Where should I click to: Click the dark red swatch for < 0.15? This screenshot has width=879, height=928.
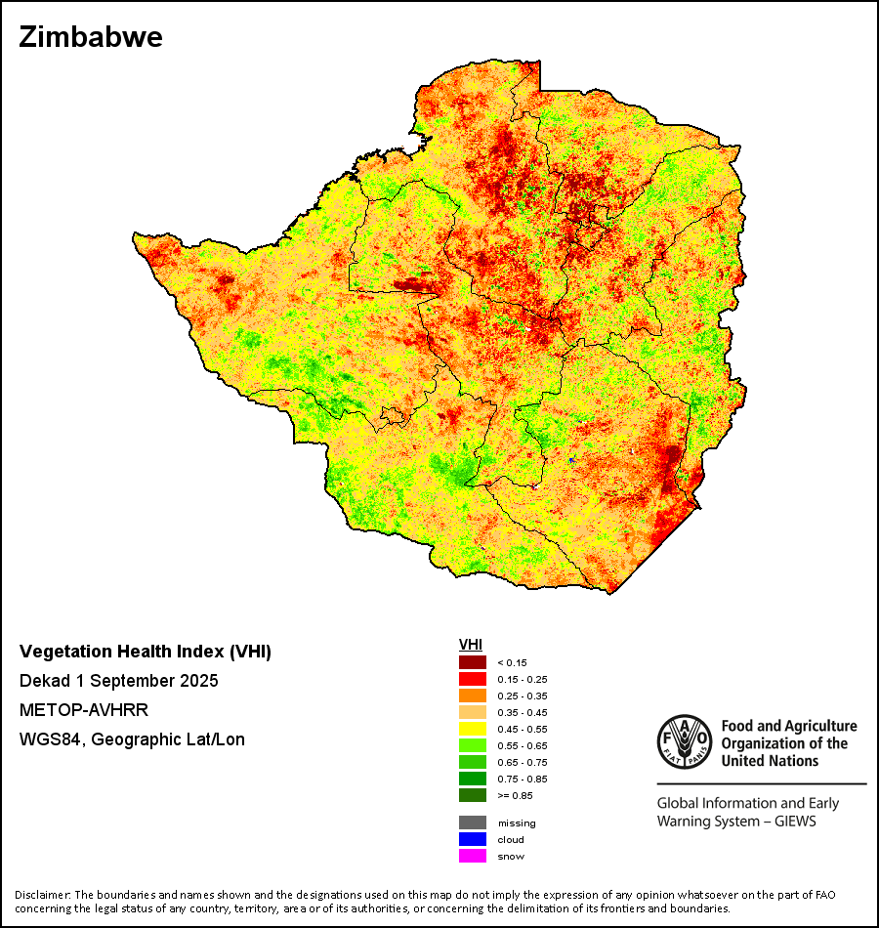(x=474, y=662)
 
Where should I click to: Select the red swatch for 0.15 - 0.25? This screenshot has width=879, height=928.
(x=474, y=679)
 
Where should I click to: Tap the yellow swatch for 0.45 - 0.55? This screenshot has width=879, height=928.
(x=474, y=729)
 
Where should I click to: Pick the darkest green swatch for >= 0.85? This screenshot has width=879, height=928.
(x=474, y=795)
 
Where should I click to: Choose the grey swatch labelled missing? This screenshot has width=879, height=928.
(x=474, y=823)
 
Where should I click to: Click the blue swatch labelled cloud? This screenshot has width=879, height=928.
(x=474, y=839)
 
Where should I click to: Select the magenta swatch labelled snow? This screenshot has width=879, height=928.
(x=474, y=856)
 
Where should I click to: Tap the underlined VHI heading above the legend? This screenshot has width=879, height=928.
(x=471, y=645)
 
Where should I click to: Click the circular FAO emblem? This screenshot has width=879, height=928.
(x=683, y=741)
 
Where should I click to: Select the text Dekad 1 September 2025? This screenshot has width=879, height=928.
(x=118, y=681)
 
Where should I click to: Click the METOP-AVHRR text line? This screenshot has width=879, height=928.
(x=83, y=710)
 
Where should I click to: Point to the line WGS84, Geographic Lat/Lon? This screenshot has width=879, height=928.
(x=132, y=739)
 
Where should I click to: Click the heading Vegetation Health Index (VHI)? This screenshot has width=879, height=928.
(x=146, y=652)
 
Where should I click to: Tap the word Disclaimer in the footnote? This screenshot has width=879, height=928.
(x=42, y=895)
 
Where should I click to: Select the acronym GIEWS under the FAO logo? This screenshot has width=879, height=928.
(x=792, y=821)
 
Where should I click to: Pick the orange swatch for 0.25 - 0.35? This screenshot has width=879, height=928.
(x=474, y=696)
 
